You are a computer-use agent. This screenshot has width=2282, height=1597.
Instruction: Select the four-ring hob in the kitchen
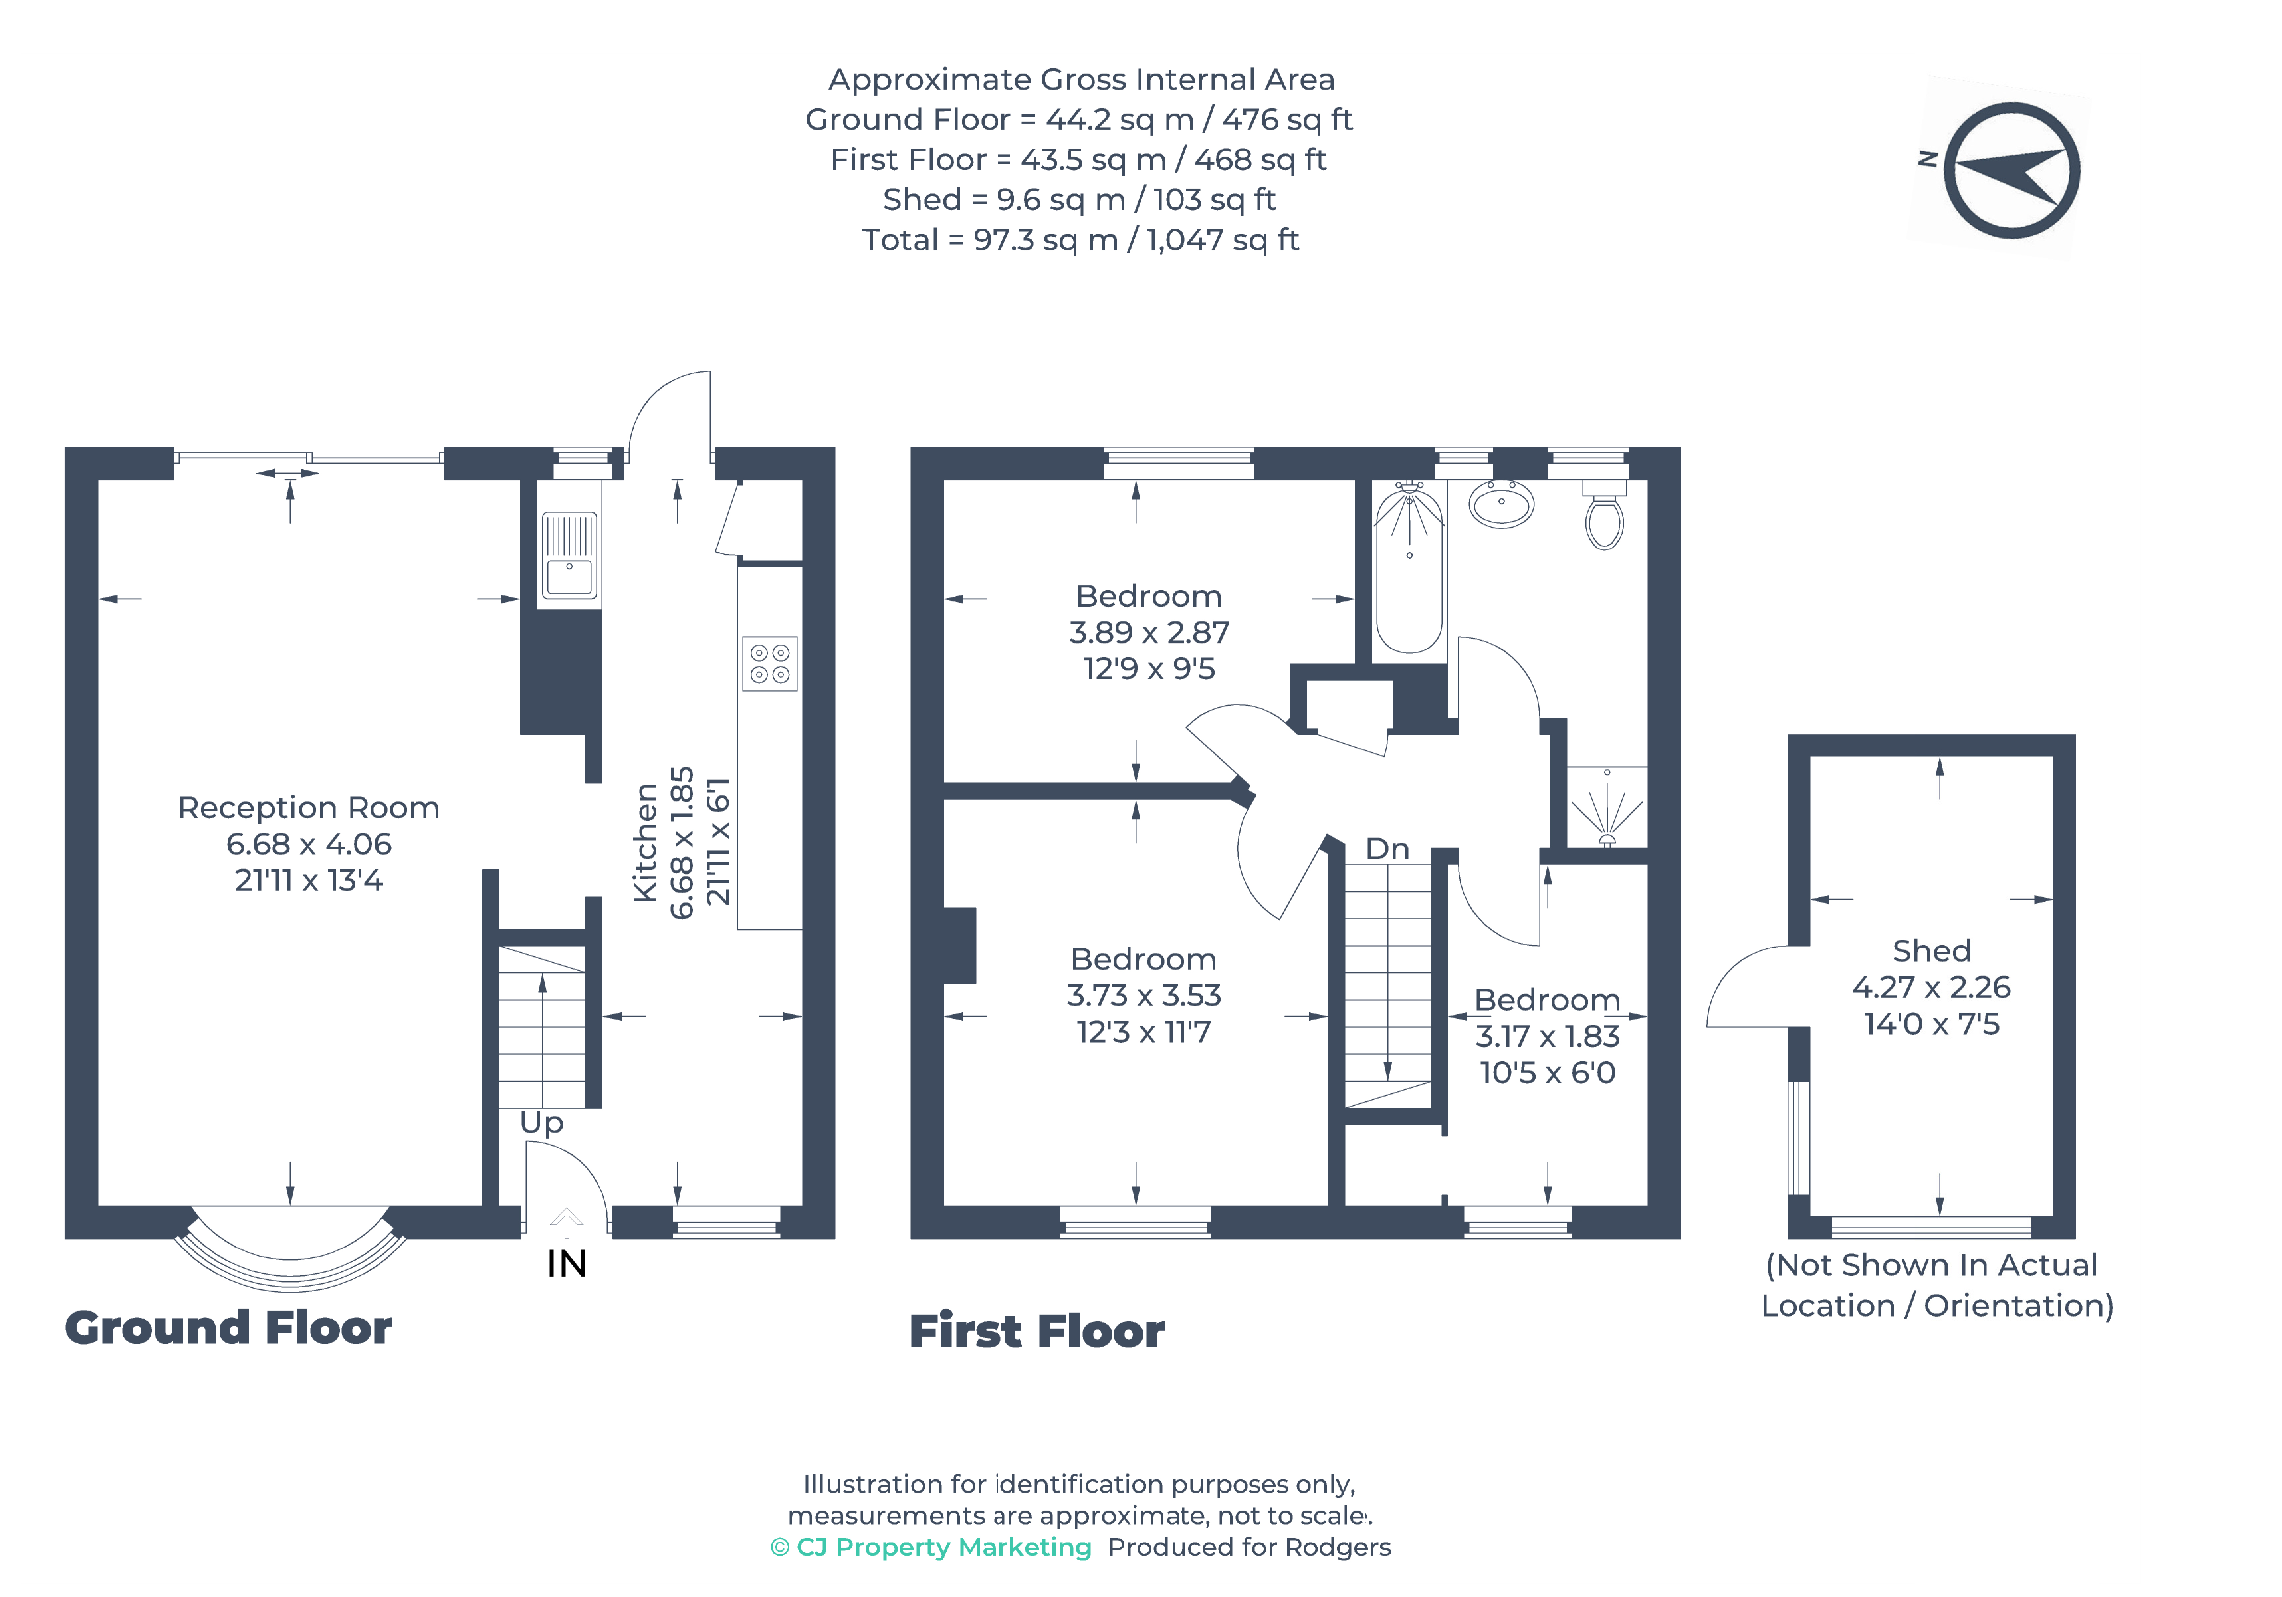click(x=769, y=663)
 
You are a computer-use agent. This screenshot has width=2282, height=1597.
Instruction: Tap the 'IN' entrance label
click(x=567, y=1264)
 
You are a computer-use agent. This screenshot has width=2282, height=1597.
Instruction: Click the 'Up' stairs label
click(x=542, y=1122)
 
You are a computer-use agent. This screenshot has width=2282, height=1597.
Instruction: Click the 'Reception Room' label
click(x=308, y=808)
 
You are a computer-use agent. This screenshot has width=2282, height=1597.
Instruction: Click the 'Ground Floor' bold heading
click(x=229, y=1328)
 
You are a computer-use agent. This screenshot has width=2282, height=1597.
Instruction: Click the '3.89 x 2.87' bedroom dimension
click(x=1149, y=632)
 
